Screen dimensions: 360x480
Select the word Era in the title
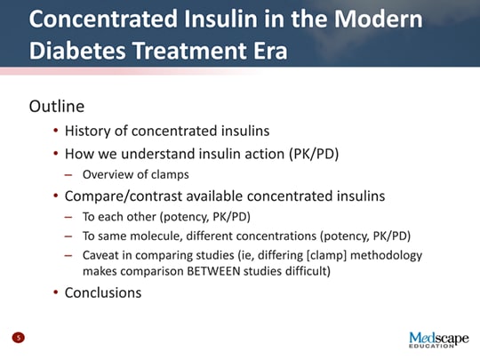[x=268, y=51]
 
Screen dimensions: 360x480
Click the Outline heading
[x=57, y=107]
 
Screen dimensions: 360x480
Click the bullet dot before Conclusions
[x=55, y=292]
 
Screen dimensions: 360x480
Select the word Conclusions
[x=103, y=292]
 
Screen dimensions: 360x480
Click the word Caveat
[x=101, y=255]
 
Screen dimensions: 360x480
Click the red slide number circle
[x=18, y=337]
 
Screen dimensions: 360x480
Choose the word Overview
[x=108, y=174]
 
